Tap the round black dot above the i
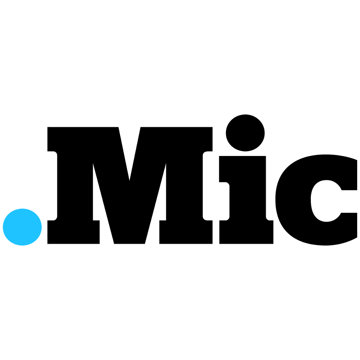245,133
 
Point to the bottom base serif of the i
246,232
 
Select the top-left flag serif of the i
224,169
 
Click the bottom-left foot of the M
74,232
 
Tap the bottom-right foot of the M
186,232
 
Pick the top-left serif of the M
52,139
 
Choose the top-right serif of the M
207,139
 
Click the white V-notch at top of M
130,149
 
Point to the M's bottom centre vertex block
130,234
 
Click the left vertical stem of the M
75,186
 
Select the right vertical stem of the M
184,186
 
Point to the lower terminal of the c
349,226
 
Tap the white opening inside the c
326,201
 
